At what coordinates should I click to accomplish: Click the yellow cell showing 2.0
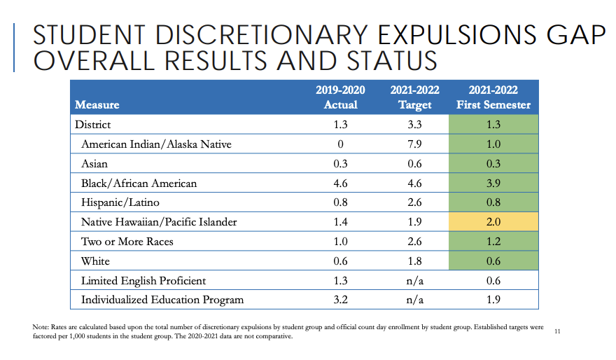pos(493,222)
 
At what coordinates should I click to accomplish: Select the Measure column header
pos(97,105)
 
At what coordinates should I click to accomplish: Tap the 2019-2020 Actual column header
pos(340,97)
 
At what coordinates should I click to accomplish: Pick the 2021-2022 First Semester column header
pos(493,97)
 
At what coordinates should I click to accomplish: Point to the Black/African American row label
pos(139,183)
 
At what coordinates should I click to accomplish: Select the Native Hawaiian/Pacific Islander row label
pos(159,222)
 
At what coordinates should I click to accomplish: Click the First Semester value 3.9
pos(493,183)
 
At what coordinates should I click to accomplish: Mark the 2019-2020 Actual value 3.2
pos(340,300)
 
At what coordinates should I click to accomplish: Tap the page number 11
pos(557,330)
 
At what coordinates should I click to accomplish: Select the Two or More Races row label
pos(127,242)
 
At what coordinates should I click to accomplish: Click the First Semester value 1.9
pos(493,300)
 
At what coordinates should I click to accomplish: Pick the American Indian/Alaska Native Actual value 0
pos(340,144)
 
